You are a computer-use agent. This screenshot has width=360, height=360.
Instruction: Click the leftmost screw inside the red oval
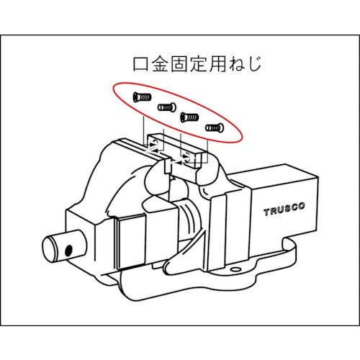tap(140, 96)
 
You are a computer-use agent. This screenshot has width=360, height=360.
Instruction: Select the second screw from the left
tap(167, 107)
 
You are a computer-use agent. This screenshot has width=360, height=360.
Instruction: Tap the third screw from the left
tap(189, 116)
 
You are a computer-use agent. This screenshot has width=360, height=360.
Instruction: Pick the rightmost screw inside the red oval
tap(215, 127)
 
